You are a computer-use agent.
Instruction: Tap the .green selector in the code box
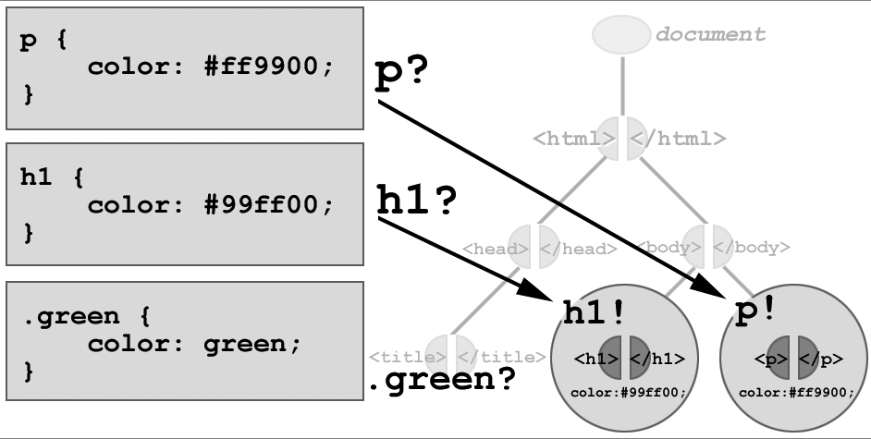[70, 316]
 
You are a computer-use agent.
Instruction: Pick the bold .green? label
[442, 380]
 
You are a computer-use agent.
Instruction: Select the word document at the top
[710, 35]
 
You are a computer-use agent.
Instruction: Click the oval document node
[621, 34]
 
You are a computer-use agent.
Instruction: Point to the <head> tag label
[495, 249]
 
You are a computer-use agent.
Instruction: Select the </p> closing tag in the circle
[823, 359]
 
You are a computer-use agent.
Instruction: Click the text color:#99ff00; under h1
[629, 392]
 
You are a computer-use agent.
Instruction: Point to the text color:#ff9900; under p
[796, 392]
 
